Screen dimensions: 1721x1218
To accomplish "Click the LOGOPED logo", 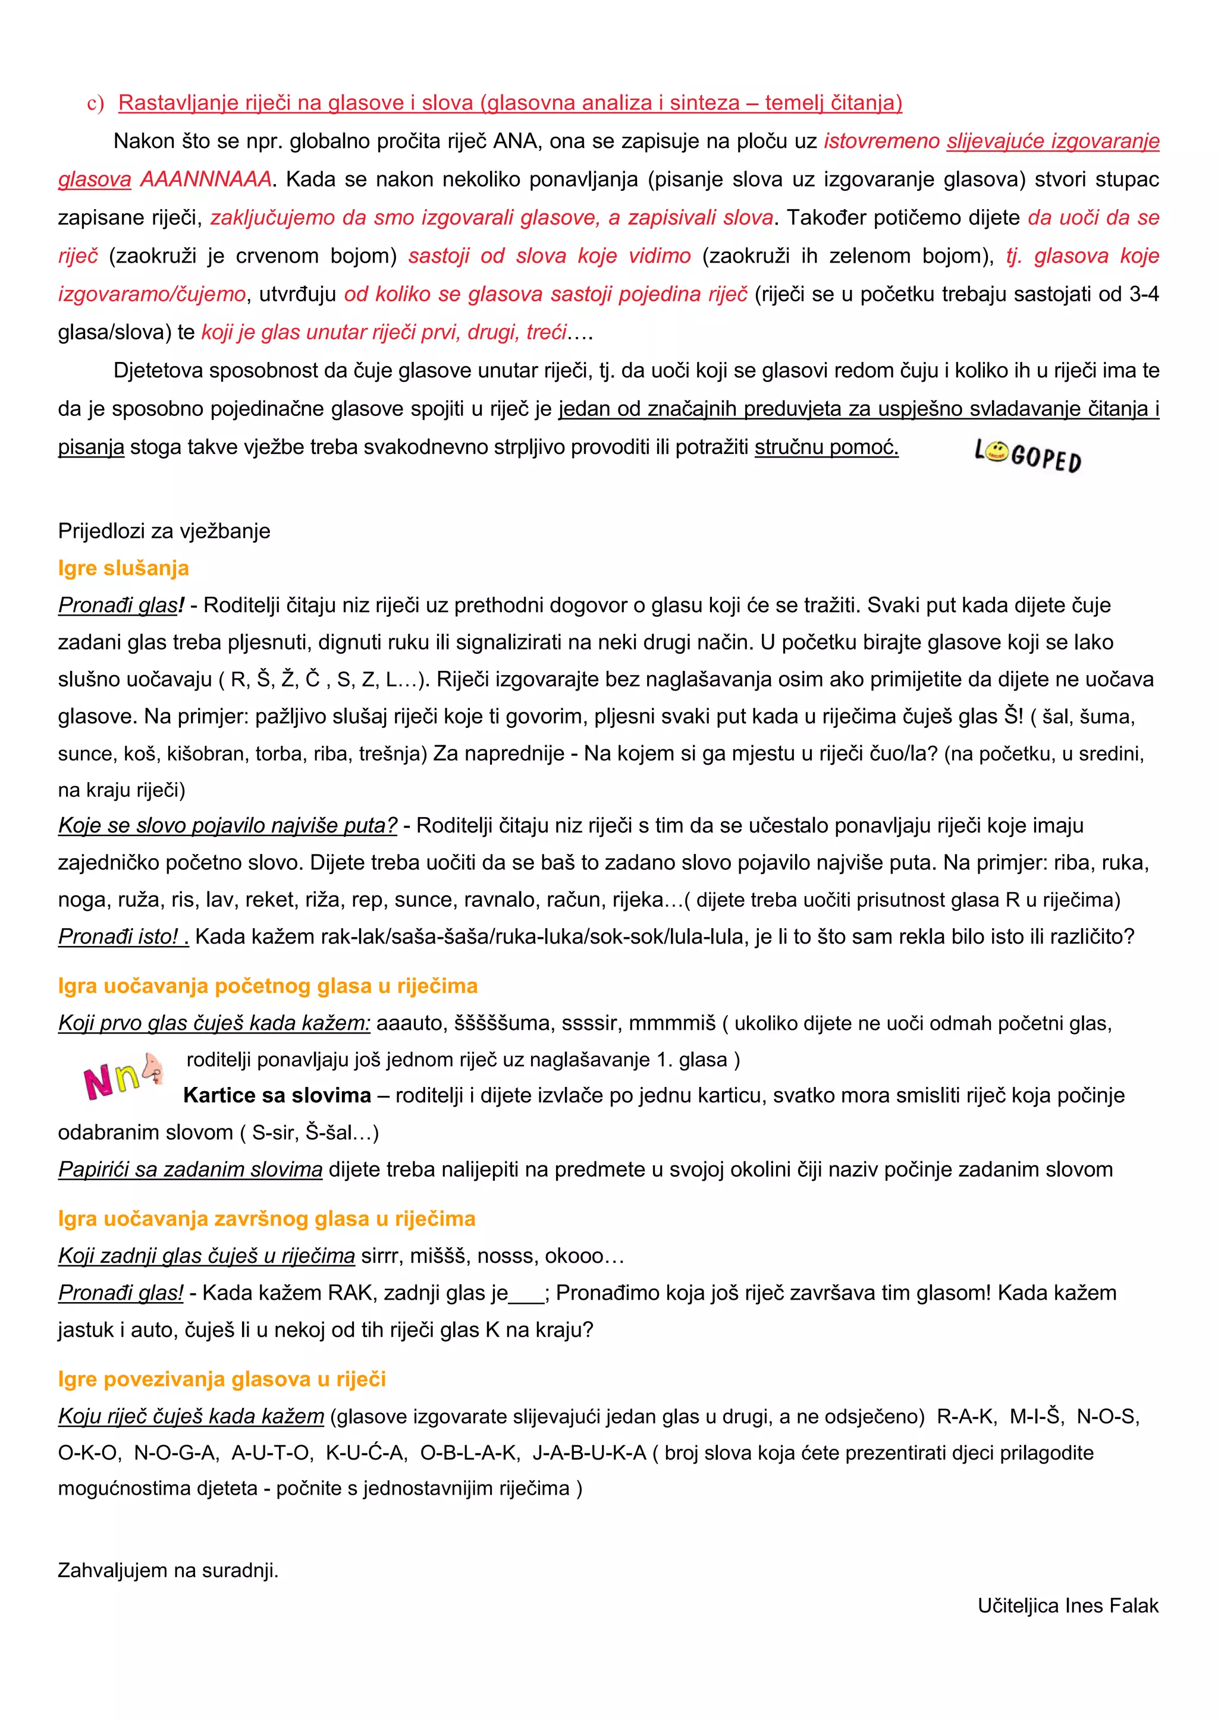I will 1028,456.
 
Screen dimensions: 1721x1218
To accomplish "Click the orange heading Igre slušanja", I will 123,568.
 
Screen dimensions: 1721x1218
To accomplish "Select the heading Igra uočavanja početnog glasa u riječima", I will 268,986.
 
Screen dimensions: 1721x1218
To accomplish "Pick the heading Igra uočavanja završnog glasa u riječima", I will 266,1219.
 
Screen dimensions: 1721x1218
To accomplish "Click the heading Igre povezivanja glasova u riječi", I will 222,1379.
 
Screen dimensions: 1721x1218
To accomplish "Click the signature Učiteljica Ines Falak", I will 1068,1606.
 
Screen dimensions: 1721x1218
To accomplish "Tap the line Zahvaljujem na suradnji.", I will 168,1570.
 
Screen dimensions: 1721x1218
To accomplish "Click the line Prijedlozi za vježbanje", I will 164,531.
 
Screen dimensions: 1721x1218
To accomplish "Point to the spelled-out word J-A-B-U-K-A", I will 589,1452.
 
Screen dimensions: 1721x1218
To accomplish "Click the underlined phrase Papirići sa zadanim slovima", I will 190,1170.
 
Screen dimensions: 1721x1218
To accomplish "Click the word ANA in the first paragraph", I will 517,141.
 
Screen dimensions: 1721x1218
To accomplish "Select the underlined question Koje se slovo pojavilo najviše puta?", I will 228,826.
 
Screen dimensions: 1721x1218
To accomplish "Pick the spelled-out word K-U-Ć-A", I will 367,1452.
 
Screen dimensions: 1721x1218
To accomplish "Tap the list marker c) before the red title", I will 95,103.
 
